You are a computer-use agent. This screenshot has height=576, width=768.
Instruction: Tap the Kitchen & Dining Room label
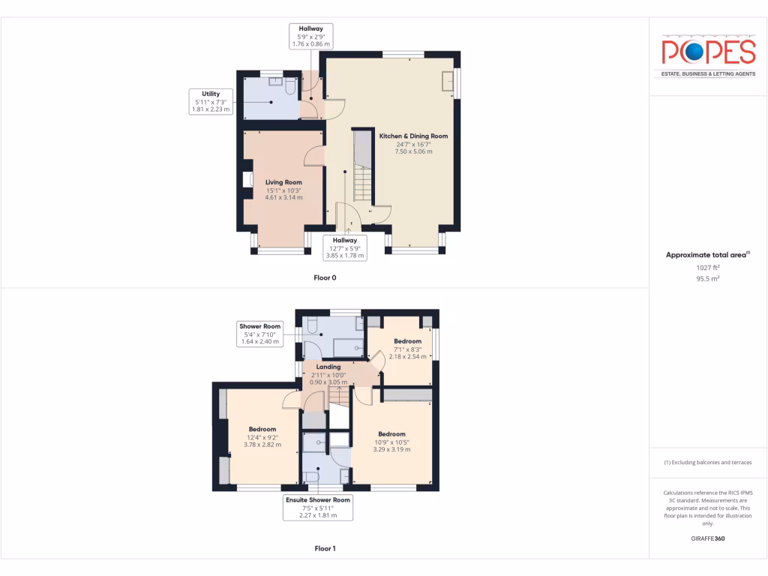413,143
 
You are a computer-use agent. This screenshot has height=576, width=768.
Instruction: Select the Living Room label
283,190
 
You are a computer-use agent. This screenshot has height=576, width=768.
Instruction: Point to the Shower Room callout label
259,334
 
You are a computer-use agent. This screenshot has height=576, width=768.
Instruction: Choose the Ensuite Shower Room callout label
317,507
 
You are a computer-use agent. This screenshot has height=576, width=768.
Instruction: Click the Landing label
328,373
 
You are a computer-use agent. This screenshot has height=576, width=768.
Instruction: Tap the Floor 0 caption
325,277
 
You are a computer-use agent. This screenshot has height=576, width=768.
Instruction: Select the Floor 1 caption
325,548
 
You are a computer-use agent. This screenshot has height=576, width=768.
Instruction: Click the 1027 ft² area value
708,267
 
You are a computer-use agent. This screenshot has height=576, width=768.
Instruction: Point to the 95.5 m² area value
708,278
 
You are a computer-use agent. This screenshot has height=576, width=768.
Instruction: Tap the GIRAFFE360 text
708,538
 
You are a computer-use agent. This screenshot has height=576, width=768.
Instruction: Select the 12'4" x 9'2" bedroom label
262,436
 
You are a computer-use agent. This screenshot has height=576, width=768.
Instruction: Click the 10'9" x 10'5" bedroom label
391,442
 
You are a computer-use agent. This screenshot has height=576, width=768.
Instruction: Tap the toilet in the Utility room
291,87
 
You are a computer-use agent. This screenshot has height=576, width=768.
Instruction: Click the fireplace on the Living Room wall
247,179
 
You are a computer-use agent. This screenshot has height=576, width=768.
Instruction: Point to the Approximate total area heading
708,255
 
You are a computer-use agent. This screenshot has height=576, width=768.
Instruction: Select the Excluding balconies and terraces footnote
708,462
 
